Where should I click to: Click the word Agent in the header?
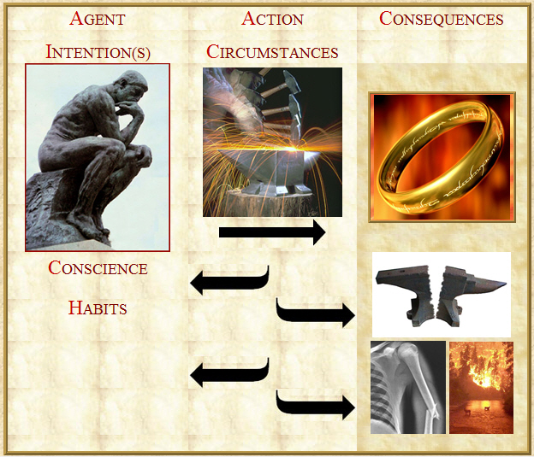98,18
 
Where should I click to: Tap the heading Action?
272,18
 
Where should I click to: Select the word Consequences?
442,18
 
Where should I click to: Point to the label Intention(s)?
98,52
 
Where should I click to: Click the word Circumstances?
272,52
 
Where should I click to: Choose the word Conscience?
98,268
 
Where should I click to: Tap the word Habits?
98,308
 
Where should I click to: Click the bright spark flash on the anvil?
294,149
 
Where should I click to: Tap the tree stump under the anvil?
269,203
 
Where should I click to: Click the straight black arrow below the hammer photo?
272,232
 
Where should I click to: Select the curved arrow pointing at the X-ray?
315,405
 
